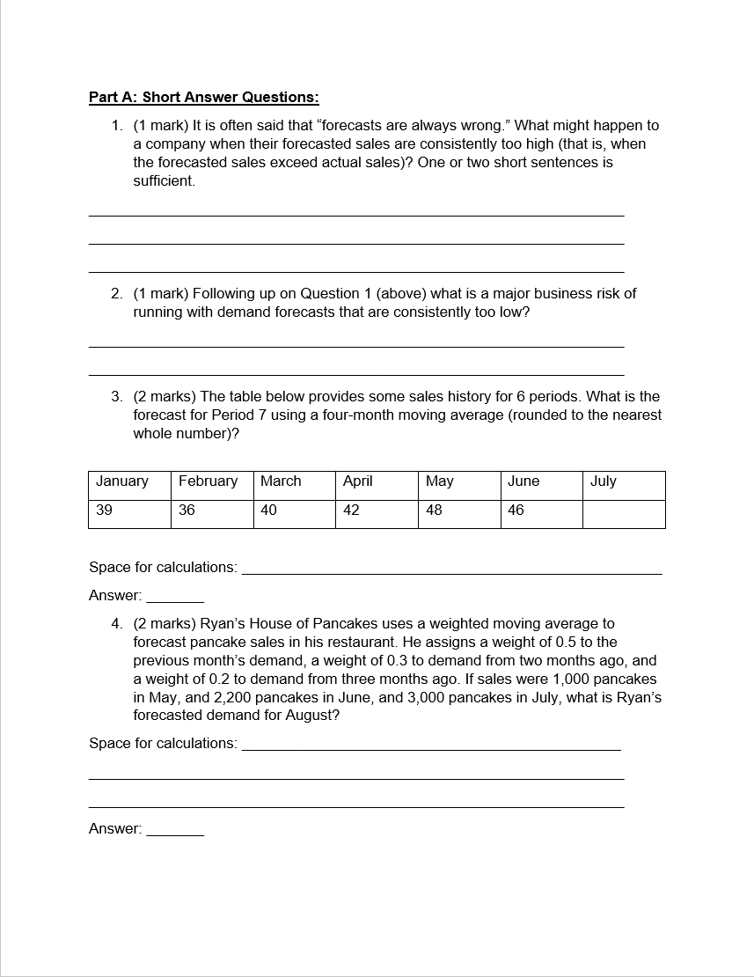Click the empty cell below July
(x=623, y=514)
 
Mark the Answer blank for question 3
(x=175, y=596)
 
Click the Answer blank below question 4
(x=175, y=829)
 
